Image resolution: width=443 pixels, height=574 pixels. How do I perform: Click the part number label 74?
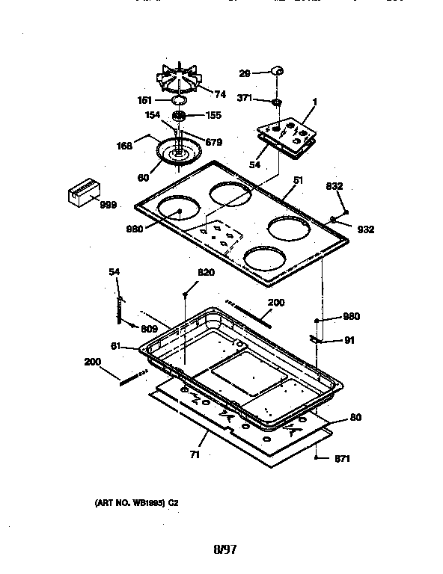pos(220,94)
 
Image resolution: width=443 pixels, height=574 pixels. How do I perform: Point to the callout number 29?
pos(245,72)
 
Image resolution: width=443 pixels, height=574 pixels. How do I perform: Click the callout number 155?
pos(213,116)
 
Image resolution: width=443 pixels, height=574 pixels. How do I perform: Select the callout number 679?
pos(213,142)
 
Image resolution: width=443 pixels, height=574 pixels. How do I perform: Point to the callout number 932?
pos(365,229)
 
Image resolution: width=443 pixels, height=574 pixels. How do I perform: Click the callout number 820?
pos(206,273)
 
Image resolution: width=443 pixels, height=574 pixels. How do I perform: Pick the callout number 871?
pos(341,458)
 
